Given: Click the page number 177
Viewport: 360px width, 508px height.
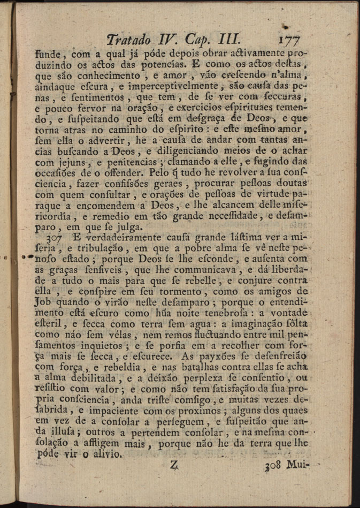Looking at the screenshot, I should click(290, 40).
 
